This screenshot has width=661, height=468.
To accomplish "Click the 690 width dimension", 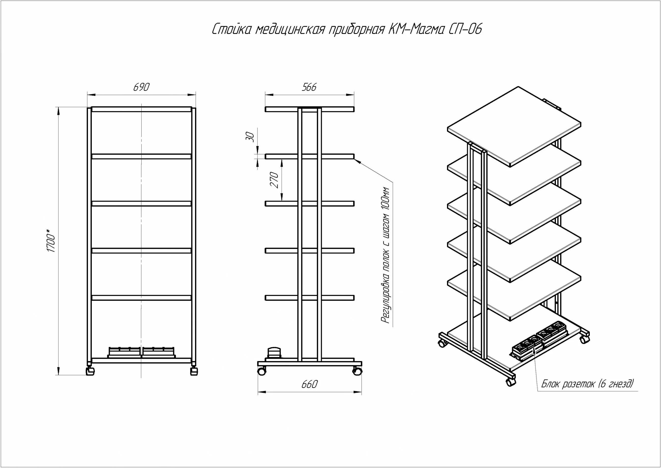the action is [x=141, y=87].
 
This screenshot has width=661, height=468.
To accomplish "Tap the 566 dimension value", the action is [x=309, y=87].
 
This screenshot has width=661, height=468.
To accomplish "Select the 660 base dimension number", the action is [x=309, y=384].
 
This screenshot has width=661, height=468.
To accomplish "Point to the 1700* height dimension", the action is [x=51, y=241].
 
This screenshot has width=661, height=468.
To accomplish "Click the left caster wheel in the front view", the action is [x=91, y=371].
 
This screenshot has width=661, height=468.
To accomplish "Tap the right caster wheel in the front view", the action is [x=194, y=371].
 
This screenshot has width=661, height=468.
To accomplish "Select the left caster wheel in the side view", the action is [x=262, y=371].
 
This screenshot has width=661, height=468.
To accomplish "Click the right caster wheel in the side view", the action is [x=357, y=371].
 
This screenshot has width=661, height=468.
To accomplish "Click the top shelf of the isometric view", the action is [x=514, y=126].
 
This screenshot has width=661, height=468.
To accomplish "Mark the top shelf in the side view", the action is [x=309, y=109].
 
